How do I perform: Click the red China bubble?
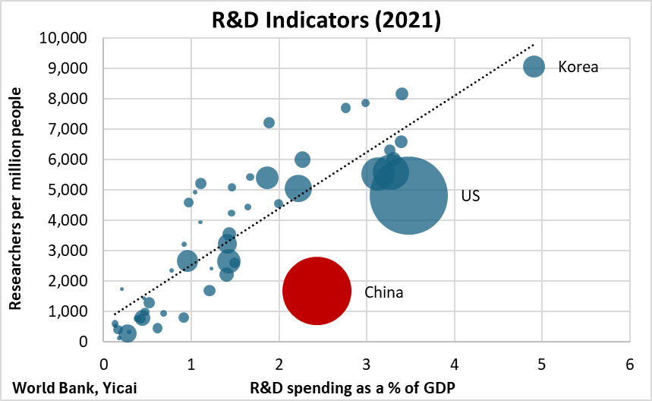[x=317, y=291]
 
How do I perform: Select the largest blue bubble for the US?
[x=408, y=196]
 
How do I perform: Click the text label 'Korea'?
[x=578, y=67]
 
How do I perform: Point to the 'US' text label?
[x=471, y=197]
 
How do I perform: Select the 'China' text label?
[x=383, y=292]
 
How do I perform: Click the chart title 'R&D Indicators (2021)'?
[x=326, y=18]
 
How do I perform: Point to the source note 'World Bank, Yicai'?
[x=74, y=387]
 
